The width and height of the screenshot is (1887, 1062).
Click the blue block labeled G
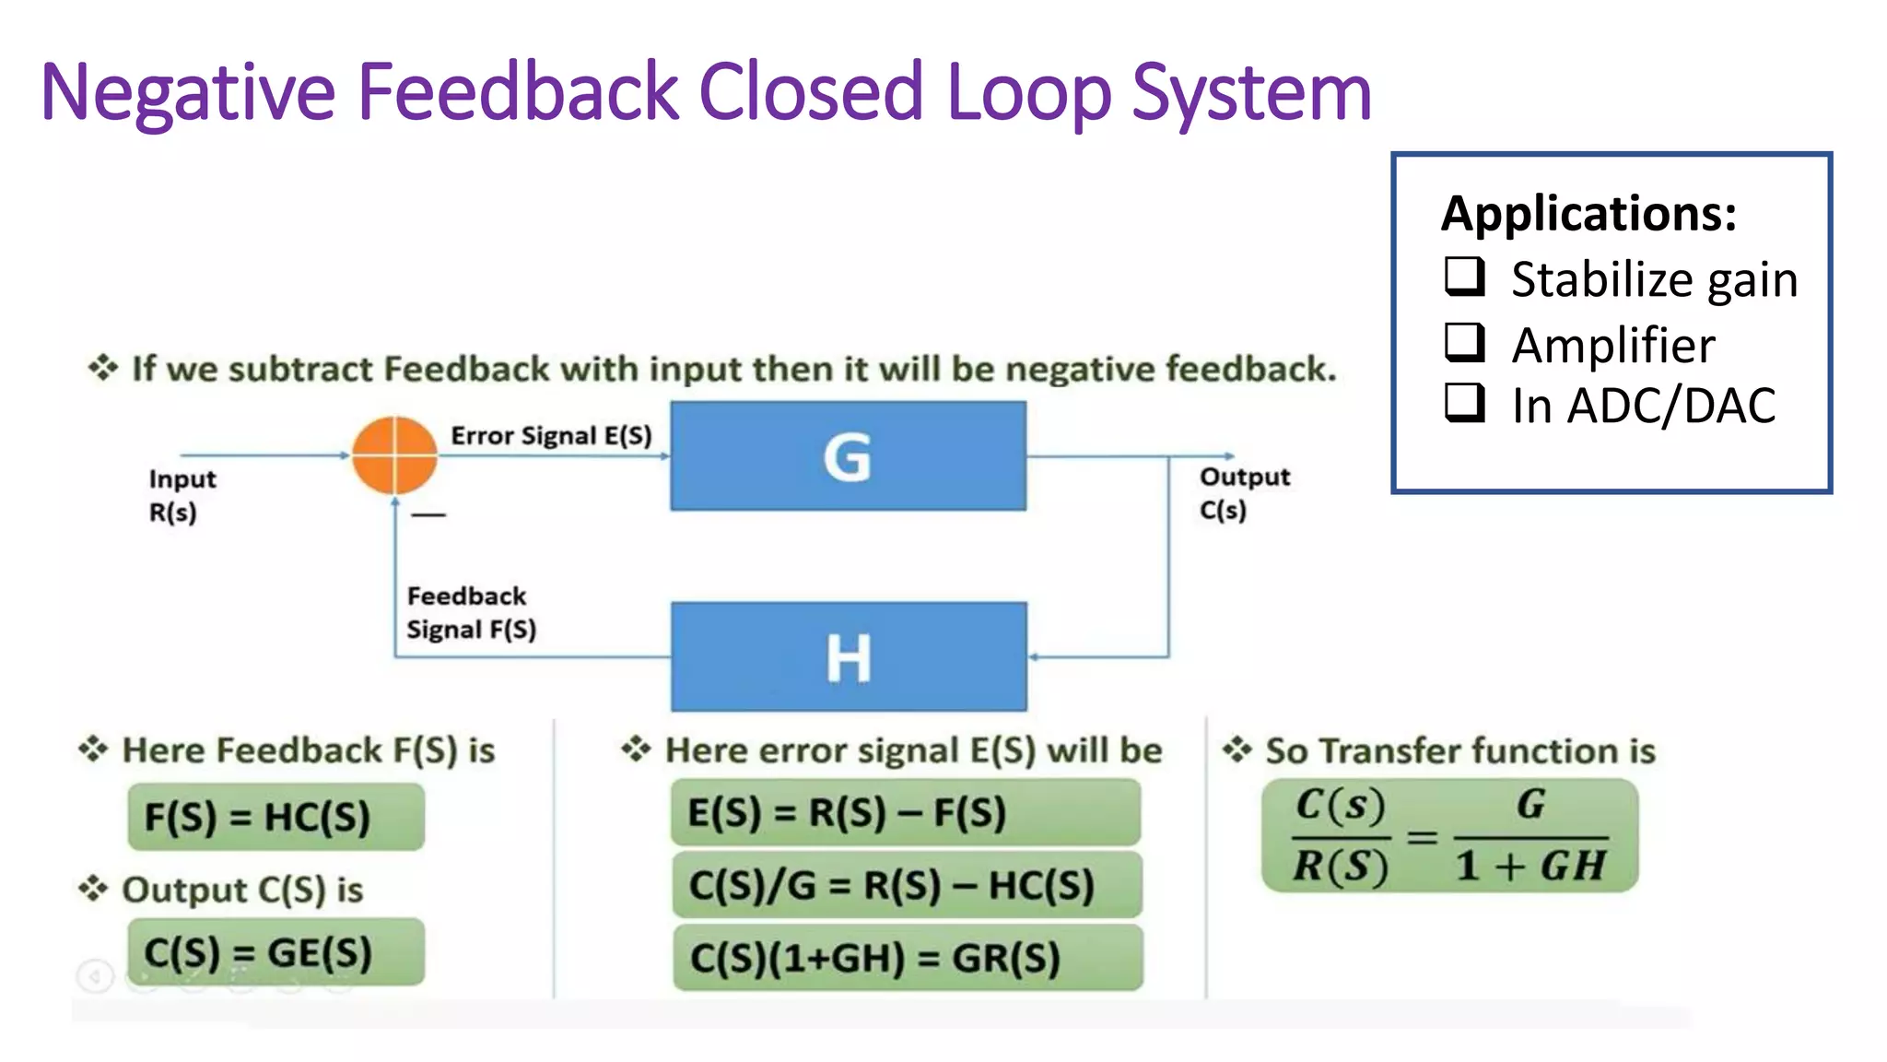click(848, 455)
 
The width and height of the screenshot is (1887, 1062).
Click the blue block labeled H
click(848, 656)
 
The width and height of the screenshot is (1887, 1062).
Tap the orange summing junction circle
click(394, 455)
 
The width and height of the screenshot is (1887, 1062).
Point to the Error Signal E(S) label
click(551, 435)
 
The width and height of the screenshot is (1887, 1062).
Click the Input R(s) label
click(182, 495)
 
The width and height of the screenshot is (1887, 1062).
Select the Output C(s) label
click(1244, 493)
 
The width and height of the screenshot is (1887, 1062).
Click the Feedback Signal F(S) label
click(471, 613)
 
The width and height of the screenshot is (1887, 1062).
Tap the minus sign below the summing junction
click(428, 514)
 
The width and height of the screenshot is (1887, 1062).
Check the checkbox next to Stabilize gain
click(1464, 277)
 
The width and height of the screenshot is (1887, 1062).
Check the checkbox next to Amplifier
click(1464, 342)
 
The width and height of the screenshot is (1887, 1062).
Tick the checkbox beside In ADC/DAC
click(1464, 403)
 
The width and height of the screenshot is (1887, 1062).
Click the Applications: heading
click(1588, 213)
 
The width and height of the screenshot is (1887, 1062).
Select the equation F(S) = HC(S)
click(275, 817)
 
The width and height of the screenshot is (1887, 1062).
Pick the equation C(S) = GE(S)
click(275, 952)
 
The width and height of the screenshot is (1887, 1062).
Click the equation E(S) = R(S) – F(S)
click(905, 812)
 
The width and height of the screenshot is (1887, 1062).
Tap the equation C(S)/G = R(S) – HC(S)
click(907, 885)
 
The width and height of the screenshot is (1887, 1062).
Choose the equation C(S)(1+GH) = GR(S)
click(907, 958)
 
